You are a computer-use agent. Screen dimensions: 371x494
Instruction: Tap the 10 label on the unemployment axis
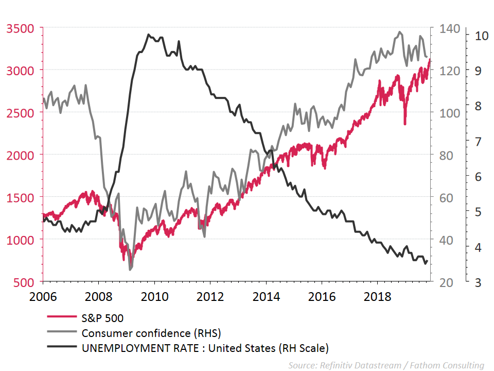tap(481, 36)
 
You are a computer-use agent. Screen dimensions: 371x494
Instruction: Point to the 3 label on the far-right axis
tap(479, 282)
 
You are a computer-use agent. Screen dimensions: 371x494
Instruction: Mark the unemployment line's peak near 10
tap(148, 35)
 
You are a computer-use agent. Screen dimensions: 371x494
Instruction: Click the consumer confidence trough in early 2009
tap(130, 269)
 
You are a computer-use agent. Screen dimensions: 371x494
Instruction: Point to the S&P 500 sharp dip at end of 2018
tap(405, 123)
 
